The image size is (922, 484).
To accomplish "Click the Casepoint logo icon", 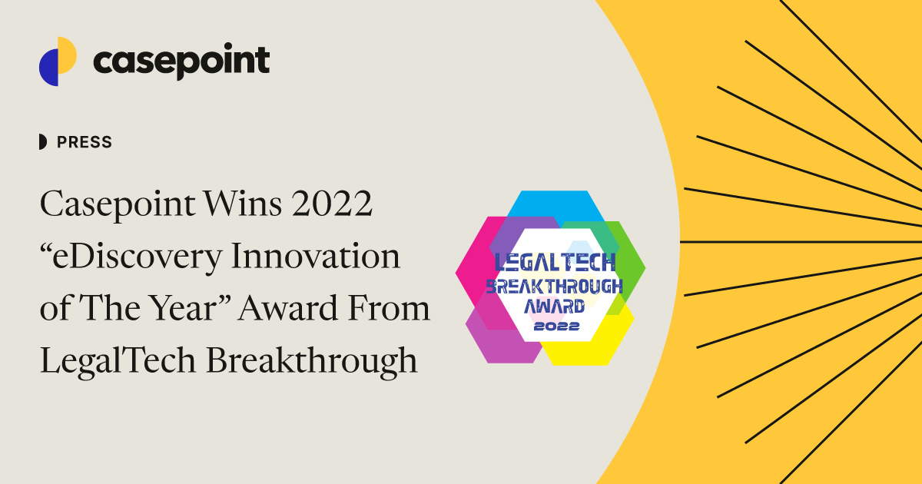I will click(x=58, y=61).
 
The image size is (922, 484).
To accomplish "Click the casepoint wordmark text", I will click(x=181, y=61).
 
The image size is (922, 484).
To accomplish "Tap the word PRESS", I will click(x=85, y=142).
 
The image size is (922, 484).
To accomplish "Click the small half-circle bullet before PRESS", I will click(x=42, y=142).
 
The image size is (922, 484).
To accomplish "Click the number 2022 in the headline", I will click(x=337, y=205).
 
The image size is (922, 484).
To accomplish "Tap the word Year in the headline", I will click(x=194, y=309).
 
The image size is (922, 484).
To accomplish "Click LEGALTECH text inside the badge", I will click(x=555, y=263).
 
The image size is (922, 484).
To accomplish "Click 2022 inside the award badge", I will click(x=554, y=326).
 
